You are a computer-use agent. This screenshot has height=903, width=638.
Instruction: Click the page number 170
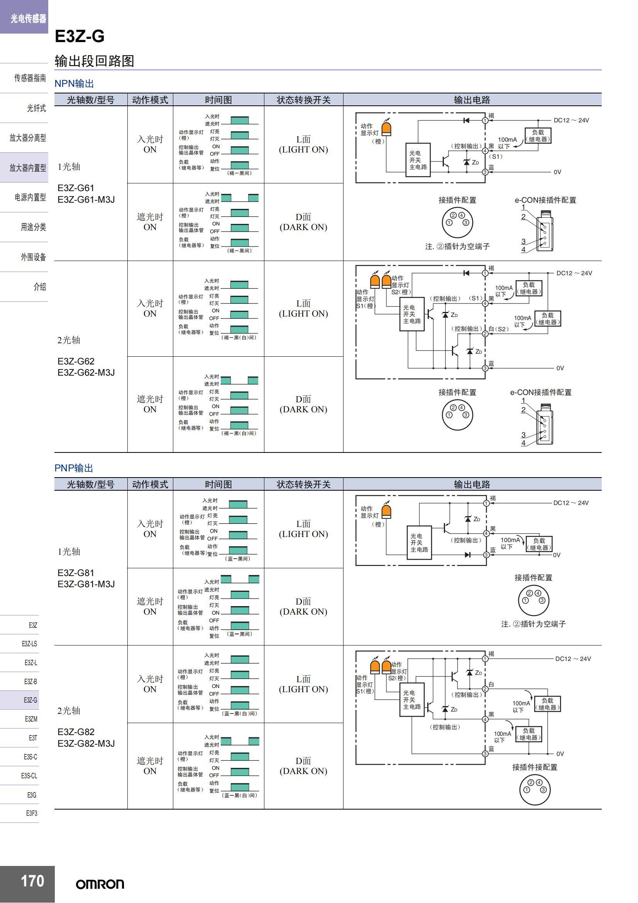pyautogui.click(x=32, y=881)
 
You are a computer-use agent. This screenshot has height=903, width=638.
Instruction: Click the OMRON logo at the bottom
pyautogui.click(x=100, y=884)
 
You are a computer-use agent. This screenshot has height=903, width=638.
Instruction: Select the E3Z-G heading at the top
pyautogui.click(x=80, y=36)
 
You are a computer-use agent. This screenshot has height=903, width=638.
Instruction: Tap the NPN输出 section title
pyautogui.click(x=74, y=83)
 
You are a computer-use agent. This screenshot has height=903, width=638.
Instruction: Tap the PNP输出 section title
pyautogui.click(x=73, y=468)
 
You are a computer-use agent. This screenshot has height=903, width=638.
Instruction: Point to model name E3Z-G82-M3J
pyautogui.click(x=86, y=743)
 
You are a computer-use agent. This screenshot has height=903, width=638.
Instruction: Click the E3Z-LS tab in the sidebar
pyautogui.click(x=29, y=644)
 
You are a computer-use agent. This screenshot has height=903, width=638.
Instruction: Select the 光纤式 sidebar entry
pyautogui.click(x=36, y=108)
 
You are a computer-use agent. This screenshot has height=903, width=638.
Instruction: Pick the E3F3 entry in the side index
pyautogui.click(x=31, y=813)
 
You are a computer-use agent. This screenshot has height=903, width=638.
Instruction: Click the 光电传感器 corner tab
pyautogui.click(x=28, y=18)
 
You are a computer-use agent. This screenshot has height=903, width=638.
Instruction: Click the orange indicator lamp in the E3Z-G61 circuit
pyautogui.click(x=387, y=129)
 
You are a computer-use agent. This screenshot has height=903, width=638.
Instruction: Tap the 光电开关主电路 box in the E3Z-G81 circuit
pyautogui.click(x=419, y=543)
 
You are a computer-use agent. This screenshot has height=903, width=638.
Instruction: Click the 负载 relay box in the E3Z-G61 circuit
pyautogui.click(x=538, y=136)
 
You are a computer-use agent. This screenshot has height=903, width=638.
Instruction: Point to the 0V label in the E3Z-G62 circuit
pyautogui.click(x=560, y=368)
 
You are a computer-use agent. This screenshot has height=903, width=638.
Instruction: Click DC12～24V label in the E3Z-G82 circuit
pyautogui.click(x=573, y=659)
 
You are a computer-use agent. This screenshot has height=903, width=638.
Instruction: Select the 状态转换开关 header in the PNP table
pyautogui.click(x=303, y=484)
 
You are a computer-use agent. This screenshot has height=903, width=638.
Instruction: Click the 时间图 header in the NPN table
pyautogui.click(x=218, y=100)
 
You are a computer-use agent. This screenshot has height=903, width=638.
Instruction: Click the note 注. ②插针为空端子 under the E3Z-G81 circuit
pyautogui.click(x=533, y=624)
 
